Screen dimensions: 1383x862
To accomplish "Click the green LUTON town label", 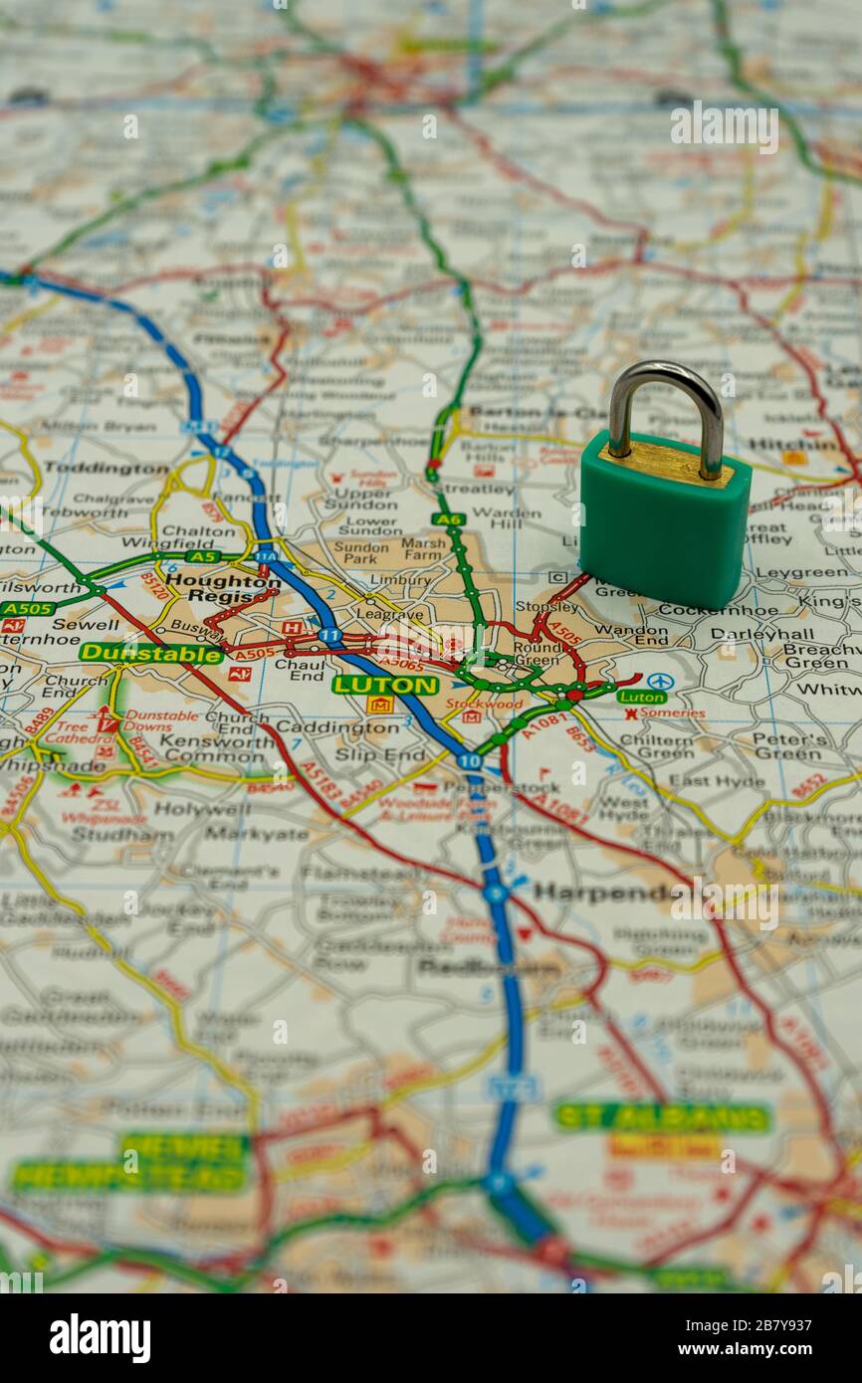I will coord(385,685).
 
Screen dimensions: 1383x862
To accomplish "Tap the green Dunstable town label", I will coord(151,654).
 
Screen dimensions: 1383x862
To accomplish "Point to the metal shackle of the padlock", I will coord(666,408).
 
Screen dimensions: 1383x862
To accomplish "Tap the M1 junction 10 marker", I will coord(470,761).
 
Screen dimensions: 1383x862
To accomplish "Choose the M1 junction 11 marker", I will coord(330,634).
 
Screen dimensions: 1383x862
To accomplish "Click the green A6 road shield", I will coord(449,519).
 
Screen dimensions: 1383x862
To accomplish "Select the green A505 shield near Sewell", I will coord(28,609).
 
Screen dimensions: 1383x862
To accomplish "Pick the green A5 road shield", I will coord(203,557).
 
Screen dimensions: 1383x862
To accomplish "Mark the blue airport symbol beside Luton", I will coord(659,682).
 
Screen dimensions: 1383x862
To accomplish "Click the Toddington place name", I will coord(106,467).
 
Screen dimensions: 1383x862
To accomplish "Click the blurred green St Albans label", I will coord(662,1116).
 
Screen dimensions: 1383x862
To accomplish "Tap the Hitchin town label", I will coord(794,444).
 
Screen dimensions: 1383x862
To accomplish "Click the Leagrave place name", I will coord(391,616).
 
